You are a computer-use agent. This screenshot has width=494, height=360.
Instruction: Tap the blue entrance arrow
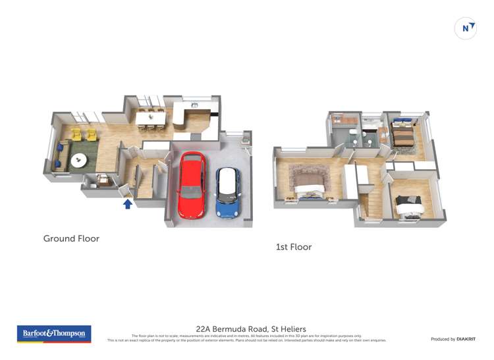coord(128,204)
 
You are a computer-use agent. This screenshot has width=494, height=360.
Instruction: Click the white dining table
coord(150,116)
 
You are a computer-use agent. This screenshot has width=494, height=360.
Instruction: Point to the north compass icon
coord(466,28)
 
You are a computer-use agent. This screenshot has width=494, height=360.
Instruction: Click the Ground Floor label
coord(71,238)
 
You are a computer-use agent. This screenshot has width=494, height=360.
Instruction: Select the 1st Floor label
coord(293,247)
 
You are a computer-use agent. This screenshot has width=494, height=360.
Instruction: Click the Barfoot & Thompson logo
coord(54,334)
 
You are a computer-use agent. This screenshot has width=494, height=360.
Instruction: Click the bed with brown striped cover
coord(402,134)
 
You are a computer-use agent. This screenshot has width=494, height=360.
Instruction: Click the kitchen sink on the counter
coord(194,105)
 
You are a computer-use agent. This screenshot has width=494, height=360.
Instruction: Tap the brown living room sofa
coord(62,154)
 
